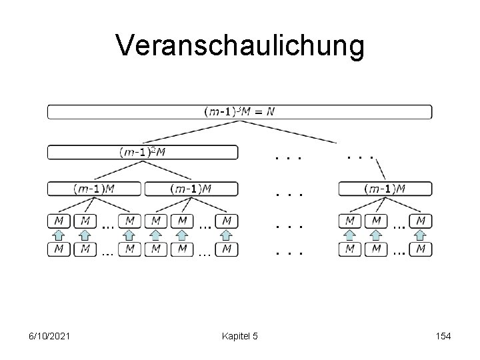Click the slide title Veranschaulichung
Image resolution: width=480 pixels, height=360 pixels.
pyautogui.click(x=240, y=46)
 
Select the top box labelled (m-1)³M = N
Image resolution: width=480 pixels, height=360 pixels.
pyautogui.click(x=239, y=111)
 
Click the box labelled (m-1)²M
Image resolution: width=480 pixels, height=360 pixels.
pyautogui.click(x=142, y=152)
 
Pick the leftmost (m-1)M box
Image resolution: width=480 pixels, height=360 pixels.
pyautogui.click(x=94, y=189)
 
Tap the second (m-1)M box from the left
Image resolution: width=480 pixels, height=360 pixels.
pyautogui.click(x=190, y=189)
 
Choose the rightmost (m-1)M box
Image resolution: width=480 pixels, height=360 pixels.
pyautogui.click(x=385, y=189)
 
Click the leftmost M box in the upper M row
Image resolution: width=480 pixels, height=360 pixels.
pyautogui.click(x=59, y=219)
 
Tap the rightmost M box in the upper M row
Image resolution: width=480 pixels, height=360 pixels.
pyautogui.click(x=421, y=219)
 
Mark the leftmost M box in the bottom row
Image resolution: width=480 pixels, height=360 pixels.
pyautogui.click(x=59, y=249)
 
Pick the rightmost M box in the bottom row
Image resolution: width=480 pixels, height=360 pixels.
pyautogui.click(x=421, y=249)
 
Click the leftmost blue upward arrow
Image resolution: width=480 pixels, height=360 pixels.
pyautogui.click(x=59, y=234)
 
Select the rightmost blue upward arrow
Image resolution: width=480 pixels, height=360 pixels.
pyautogui.click(x=421, y=234)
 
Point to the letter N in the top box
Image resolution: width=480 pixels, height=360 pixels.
pyautogui.click(x=270, y=111)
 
